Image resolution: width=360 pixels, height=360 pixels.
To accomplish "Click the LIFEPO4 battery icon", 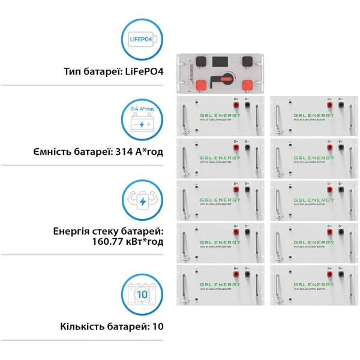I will click(142, 41).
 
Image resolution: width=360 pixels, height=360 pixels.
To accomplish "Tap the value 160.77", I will click(107, 241).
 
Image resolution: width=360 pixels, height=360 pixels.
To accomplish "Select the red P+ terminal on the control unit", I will click(202, 84).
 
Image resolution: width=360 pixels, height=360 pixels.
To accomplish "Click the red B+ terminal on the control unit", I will click(247, 84).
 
